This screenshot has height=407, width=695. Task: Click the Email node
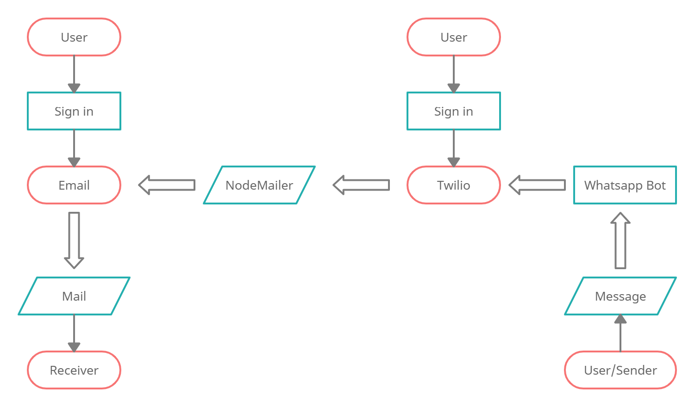[74, 185]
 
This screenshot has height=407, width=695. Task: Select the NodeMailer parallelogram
[259, 185]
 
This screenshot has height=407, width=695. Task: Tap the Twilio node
[454, 185]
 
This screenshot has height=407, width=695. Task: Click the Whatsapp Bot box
[625, 185]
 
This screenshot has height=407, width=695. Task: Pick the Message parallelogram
[620, 296]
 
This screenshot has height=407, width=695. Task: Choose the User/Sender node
[620, 370]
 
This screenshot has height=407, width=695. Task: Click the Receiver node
[74, 370]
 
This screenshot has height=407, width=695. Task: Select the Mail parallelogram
[74, 296]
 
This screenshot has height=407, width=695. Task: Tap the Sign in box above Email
[74, 111]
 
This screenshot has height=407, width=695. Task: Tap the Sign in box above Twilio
[454, 111]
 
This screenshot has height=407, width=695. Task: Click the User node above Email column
[74, 37]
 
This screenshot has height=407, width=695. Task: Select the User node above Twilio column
[454, 37]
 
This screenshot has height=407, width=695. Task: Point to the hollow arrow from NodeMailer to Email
[167, 185]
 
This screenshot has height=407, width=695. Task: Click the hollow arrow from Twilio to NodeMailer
[361, 185]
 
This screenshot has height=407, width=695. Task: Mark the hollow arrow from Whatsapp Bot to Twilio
[537, 185]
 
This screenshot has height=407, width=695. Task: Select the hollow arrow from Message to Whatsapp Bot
[620, 240]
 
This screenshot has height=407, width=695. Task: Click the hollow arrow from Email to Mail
[74, 240]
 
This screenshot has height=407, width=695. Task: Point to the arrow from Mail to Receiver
[74, 333]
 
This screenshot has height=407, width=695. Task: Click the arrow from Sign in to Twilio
[454, 148]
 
